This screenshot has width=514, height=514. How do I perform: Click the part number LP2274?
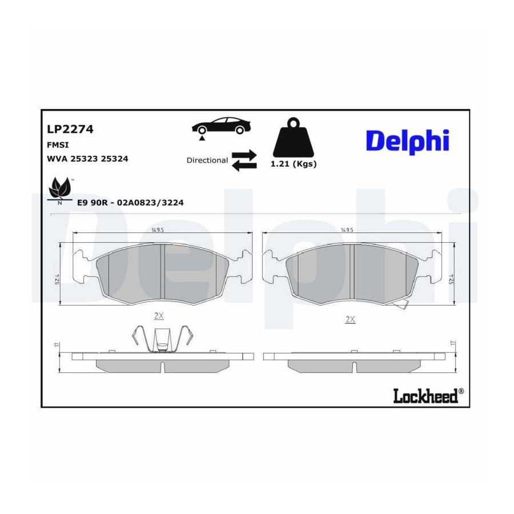coord(70,129)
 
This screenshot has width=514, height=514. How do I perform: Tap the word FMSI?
coord(58,145)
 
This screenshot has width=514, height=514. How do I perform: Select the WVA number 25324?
coord(114,159)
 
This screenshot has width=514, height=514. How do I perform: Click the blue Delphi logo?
coord(407,142)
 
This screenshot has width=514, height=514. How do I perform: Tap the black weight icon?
coord(294,137)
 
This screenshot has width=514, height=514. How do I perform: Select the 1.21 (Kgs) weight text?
coord(294,164)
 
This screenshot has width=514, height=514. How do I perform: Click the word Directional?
coord(207,160)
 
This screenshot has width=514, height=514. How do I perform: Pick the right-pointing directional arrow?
coord(244,155)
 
